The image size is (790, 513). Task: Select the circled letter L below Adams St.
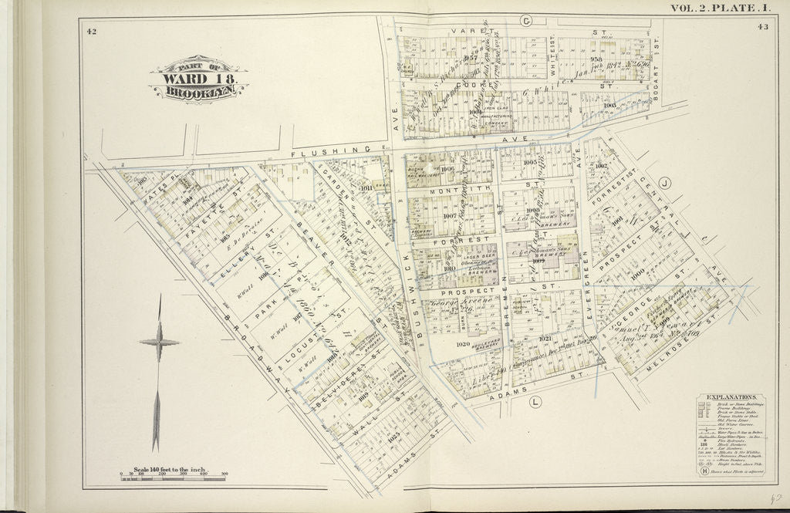click(534, 401)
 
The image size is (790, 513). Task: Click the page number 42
click(92, 31)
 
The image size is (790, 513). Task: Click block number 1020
click(463, 344)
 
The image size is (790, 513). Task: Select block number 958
click(596, 58)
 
